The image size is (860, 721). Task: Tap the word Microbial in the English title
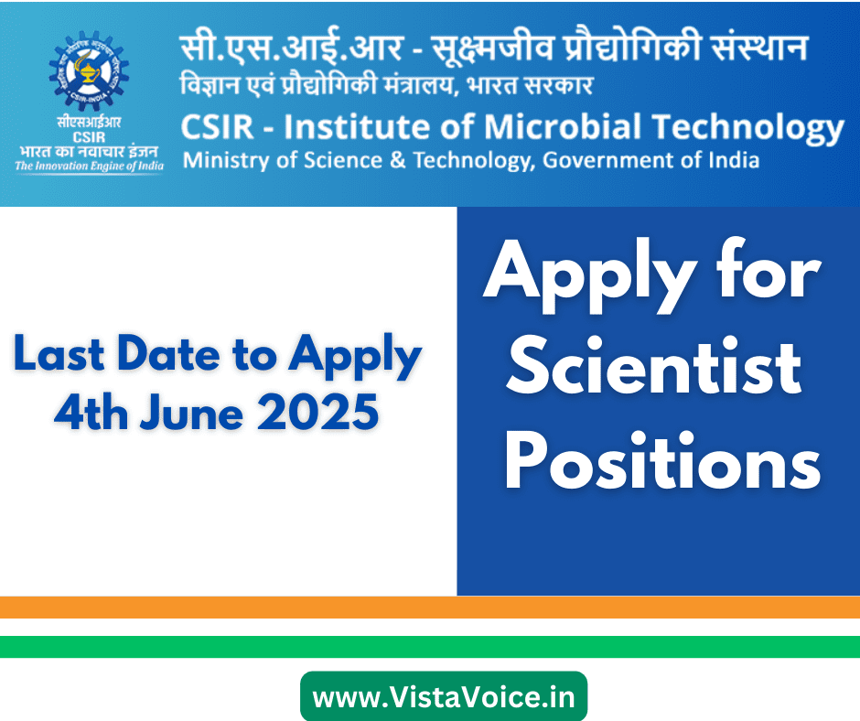[x=562, y=127]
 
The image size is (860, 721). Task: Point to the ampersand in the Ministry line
[x=398, y=160]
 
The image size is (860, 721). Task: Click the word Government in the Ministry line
[x=608, y=160]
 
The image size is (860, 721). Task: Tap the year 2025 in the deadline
[x=318, y=413]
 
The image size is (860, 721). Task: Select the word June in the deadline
[x=191, y=413]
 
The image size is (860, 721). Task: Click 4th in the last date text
[x=91, y=413]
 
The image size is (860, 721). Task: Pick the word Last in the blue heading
[x=59, y=353]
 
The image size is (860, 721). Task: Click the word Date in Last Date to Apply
[x=169, y=353]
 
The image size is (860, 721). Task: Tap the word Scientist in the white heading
[x=653, y=366]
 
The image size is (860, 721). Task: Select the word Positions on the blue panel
[x=662, y=460]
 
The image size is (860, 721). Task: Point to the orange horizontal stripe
[x=430, y=608]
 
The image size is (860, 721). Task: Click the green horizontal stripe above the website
[x=430, y=647]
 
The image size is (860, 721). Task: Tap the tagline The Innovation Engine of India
[x=90, y=166]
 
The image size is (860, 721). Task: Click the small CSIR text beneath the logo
[x=89, y=137]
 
